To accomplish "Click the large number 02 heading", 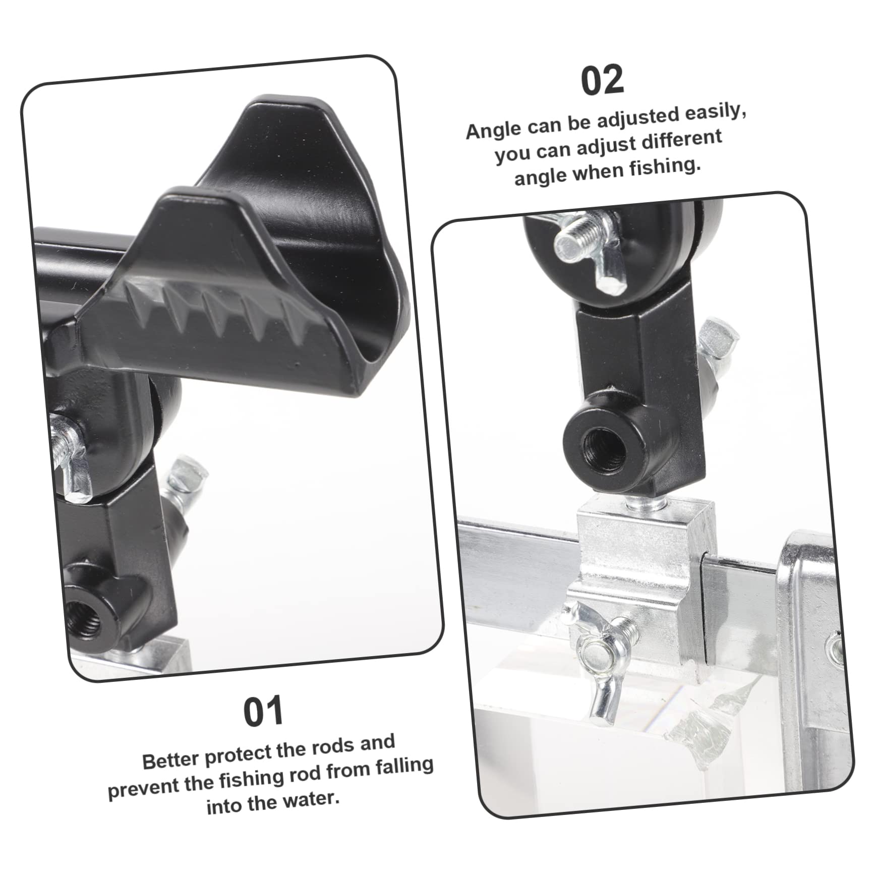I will [603, 81].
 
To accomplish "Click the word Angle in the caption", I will [494, 130].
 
